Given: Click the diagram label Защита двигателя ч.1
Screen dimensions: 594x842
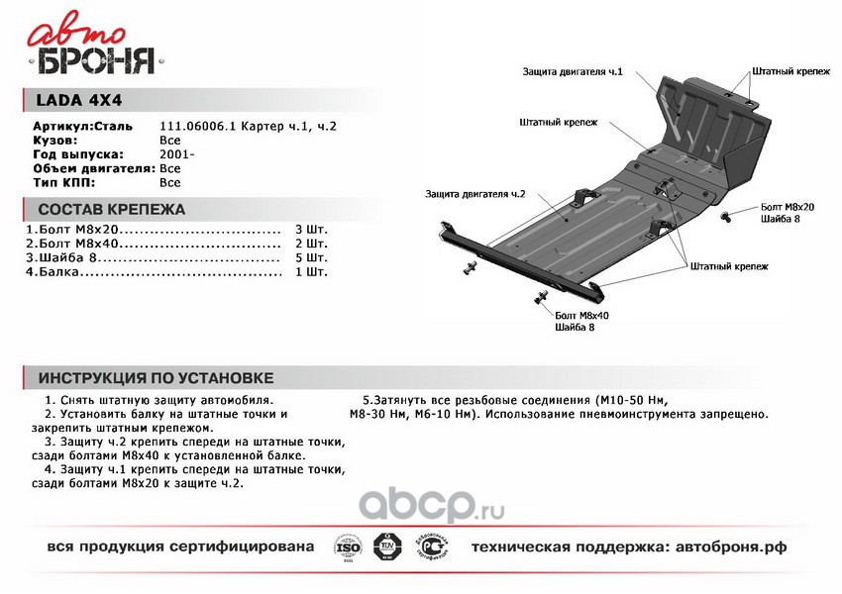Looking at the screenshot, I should [x=574, y=72].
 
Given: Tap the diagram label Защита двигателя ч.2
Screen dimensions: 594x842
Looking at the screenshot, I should [x=475, y=194].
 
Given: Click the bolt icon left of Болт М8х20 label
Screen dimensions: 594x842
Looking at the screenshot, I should [x=727, y=215].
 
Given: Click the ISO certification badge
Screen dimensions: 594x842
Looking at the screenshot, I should [x=348, y=546].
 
